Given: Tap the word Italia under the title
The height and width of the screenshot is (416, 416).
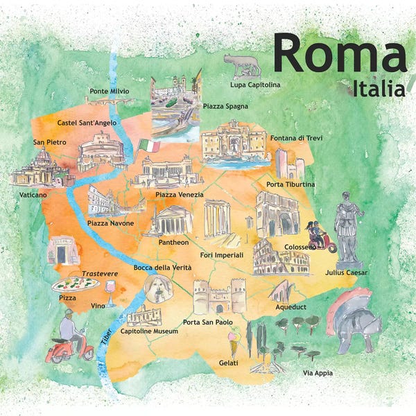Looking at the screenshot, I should pyautogui.click(x=379, y=89).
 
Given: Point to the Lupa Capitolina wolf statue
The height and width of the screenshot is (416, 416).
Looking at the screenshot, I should pyautogui.click(x=242, y=65).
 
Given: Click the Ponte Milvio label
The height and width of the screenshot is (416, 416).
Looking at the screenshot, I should pyautogui.click(x=109, y=92).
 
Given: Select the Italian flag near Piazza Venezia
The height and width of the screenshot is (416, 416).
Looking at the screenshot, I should pyautogui.click(x=148, y=146).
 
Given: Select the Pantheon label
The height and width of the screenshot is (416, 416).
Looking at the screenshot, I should pyautogui.click(x=173, y=243).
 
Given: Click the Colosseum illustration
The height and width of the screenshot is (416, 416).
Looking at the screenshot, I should pyautogui.click(x=280, y=258).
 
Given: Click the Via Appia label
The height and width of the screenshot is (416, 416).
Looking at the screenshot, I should pyautogui.click(x=318, y=373).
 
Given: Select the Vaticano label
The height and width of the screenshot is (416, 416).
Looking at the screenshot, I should pyautogui.click(x=33, y=196).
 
